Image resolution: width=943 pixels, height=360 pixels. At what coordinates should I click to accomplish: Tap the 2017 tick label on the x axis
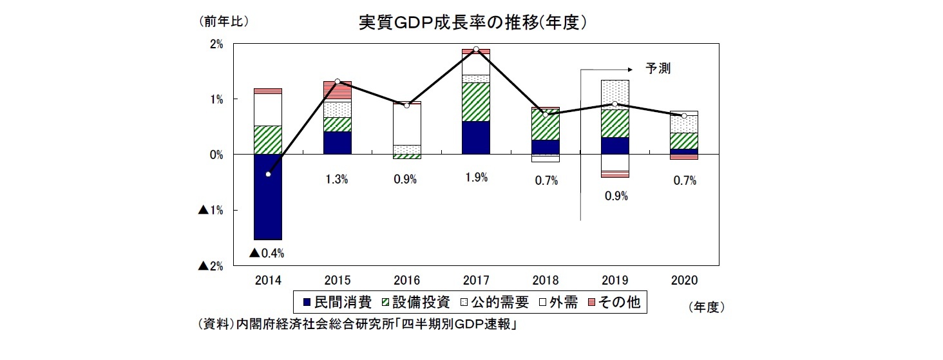point(475,280)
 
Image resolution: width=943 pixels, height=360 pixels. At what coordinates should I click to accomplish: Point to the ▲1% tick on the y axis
point(210,211)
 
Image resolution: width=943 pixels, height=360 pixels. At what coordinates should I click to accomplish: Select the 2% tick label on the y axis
point(216,44)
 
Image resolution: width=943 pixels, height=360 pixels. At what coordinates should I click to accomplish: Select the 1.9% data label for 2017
point(475,178)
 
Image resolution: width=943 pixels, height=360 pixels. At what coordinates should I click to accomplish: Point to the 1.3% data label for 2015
point(337,180)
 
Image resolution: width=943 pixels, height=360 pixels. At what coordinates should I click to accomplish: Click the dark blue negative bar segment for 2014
point(268,196)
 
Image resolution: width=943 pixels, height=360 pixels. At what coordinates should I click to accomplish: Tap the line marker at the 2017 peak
point(475,50)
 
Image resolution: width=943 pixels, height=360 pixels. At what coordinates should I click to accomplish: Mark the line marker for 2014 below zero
point(268,174)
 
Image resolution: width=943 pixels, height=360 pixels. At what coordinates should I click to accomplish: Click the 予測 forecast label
point(658,68)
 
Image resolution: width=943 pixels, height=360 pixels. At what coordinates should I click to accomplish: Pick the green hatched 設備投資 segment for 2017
point(475,102)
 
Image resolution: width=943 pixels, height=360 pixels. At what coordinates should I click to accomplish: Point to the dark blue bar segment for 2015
point(338,142)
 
